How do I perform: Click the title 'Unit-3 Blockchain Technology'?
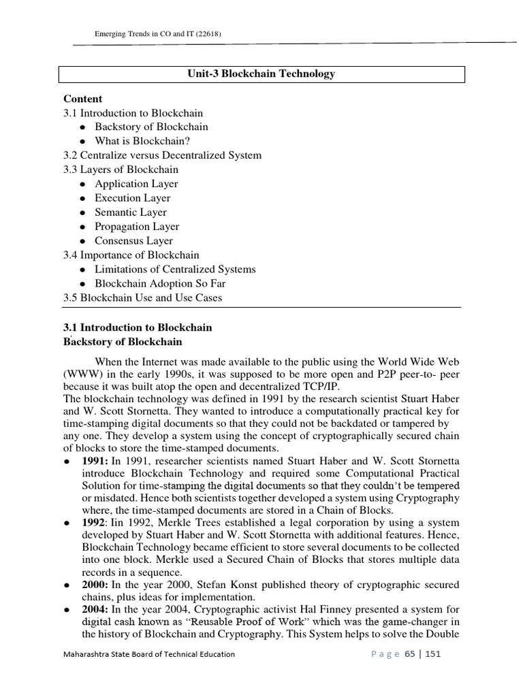(261, 74)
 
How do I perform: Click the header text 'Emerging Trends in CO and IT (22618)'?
(158, 34)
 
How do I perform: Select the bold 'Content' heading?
(83, 99)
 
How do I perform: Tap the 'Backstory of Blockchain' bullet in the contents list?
(151, 127)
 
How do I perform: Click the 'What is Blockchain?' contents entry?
(142, 141)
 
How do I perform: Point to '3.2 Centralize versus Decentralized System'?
(162, 155)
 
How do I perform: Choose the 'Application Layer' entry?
(136, 184)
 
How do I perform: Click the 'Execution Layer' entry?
(133, 198)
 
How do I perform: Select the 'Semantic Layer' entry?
(131, 212)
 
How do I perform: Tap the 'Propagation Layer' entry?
(137, 227)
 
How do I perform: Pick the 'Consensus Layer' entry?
(133, 241)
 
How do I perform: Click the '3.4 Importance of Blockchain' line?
(131, 255)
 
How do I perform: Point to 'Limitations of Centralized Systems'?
(175, 270)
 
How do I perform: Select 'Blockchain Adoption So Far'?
(160, 284)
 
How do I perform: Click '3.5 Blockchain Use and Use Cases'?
(142, 298)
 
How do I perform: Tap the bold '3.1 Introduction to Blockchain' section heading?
(138, 327)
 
